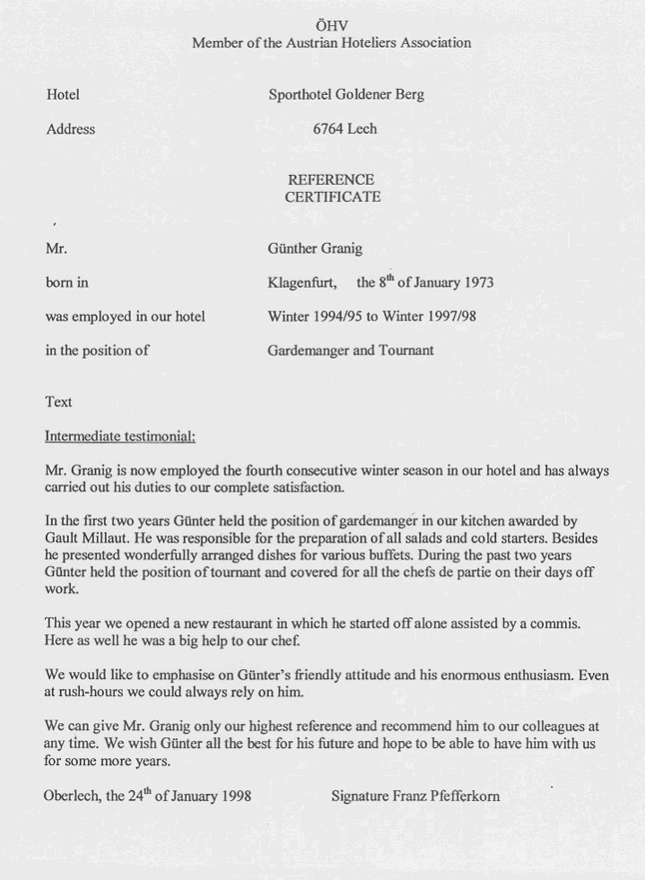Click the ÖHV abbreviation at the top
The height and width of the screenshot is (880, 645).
point(331,25)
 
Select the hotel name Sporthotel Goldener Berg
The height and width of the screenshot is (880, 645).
point(346,94)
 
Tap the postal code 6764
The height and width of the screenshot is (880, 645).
point(327,128)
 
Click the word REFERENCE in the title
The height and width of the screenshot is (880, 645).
point(331,179)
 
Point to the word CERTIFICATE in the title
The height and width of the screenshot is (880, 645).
point(333,196)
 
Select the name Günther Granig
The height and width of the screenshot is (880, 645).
point(315,248)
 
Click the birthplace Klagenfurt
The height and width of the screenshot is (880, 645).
point(302,283)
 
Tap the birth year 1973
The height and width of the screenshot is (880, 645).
point(475,283)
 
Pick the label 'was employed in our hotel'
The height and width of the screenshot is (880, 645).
point(125,316)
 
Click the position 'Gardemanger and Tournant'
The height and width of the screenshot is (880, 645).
point(350,350)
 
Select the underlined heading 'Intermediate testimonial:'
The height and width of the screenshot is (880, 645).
point(120,436)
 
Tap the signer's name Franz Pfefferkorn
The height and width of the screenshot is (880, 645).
point(446,796)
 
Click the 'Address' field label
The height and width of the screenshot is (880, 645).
point(70,128)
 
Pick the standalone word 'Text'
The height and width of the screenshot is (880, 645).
point(58,402)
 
